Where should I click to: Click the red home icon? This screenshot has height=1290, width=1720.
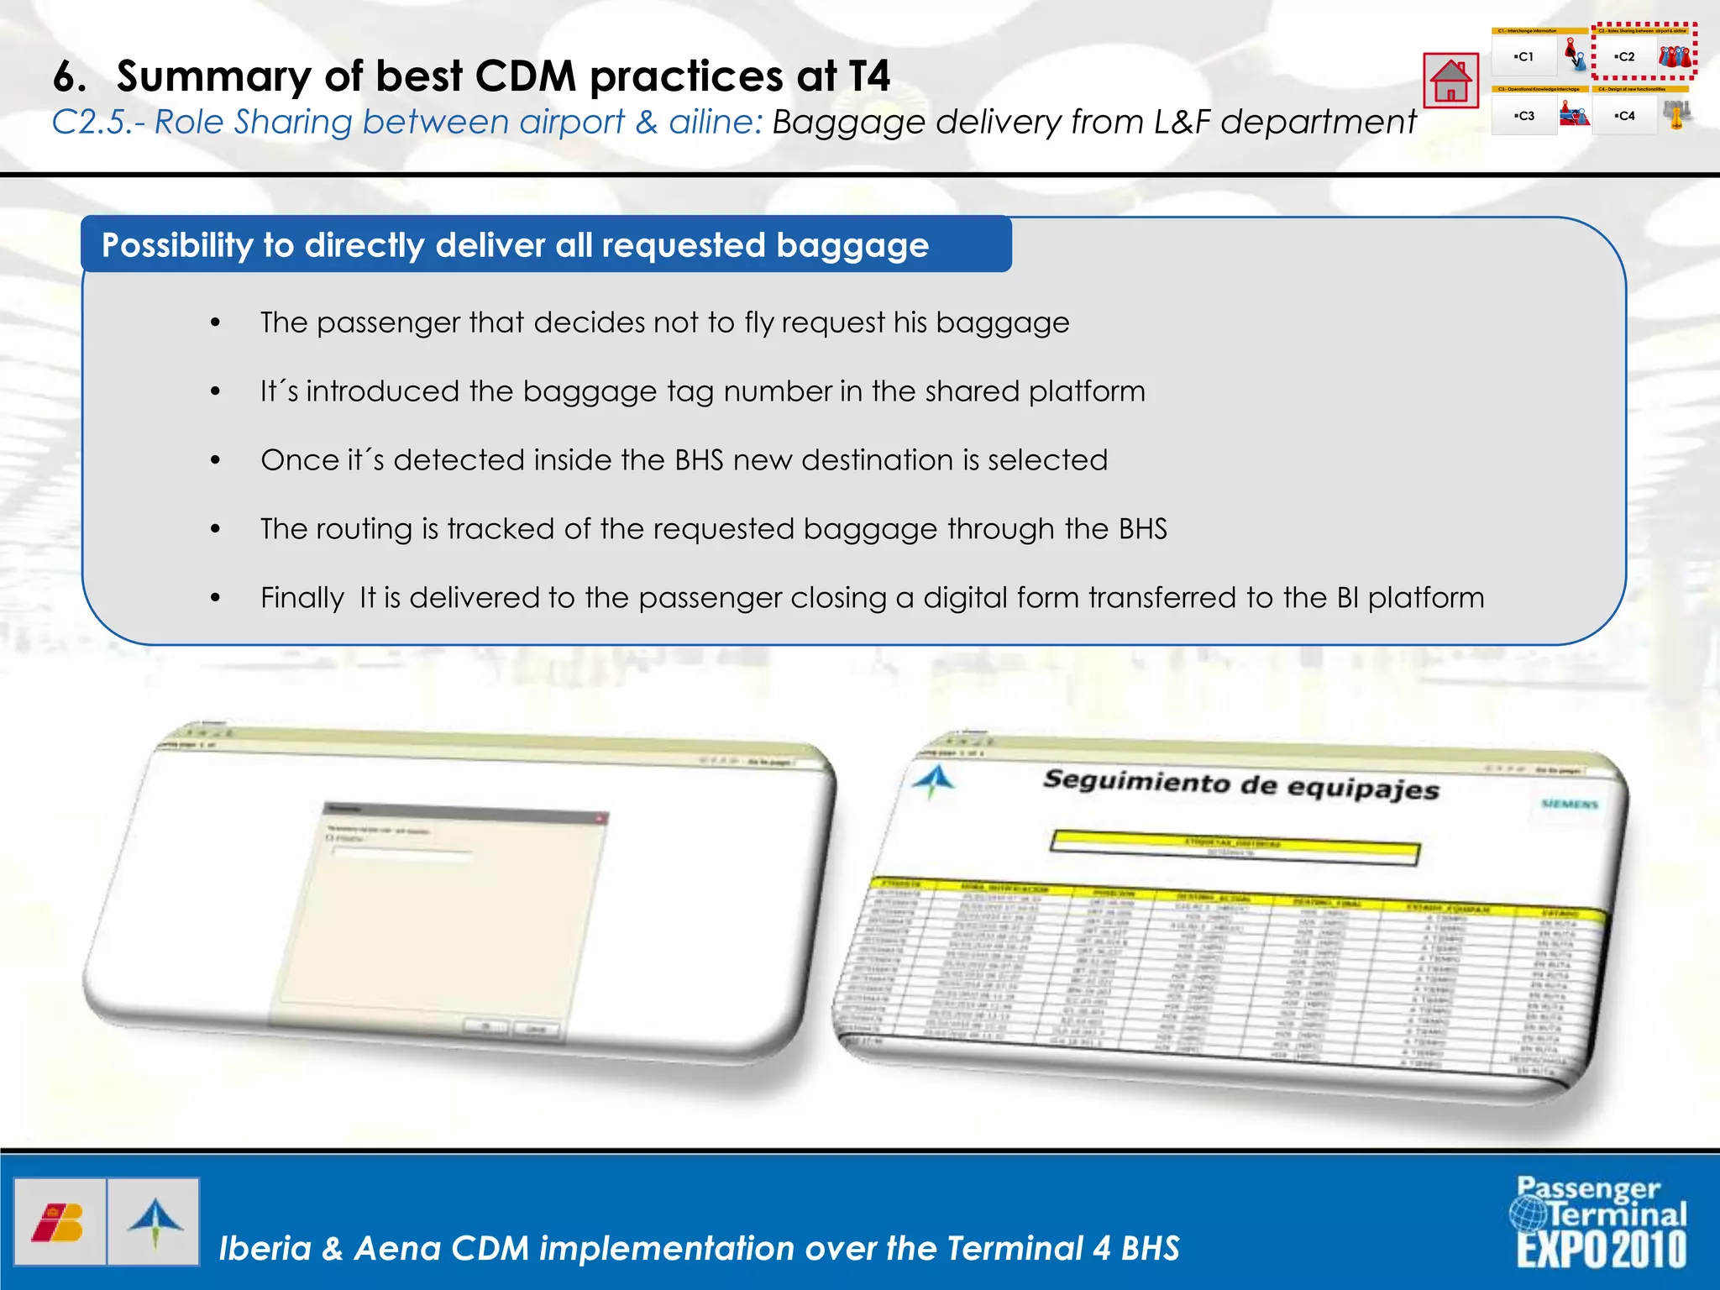(1450, 81)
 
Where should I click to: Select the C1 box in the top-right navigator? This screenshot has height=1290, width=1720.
(1523, 57)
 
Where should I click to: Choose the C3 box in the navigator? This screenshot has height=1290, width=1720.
(1523, 116)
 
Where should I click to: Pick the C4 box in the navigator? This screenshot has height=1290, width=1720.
(1625, 116)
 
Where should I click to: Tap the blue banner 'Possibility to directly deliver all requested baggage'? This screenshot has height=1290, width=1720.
(546, 245)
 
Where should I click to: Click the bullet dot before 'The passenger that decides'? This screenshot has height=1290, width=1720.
(216, 323)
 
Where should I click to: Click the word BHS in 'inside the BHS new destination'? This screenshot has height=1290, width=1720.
(699, 460)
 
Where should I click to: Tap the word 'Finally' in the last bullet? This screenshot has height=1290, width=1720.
(302, 598)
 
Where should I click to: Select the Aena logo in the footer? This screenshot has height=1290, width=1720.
(155, 1222)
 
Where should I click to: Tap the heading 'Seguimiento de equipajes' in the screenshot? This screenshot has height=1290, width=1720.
(1240, 785)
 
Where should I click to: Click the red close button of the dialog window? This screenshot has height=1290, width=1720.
(600, 818)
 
